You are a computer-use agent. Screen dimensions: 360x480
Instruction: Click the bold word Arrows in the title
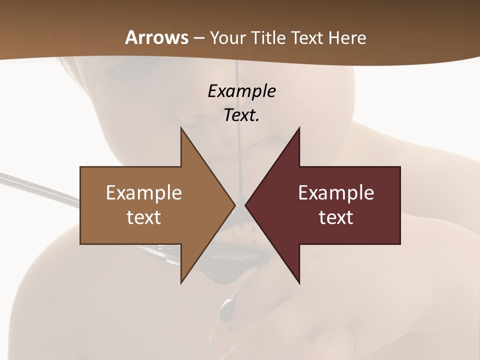click(156, 37)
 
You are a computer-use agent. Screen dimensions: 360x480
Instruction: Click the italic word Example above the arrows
click(241, 91)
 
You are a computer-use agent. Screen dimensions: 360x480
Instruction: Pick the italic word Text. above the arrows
click(241, 115)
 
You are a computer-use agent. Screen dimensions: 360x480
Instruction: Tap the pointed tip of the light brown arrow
click(234, 205)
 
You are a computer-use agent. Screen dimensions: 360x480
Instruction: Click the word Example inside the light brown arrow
click(144, 193)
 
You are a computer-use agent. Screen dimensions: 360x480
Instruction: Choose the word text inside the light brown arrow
click(144, 217)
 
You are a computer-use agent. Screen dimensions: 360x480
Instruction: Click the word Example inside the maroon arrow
click(336, 193)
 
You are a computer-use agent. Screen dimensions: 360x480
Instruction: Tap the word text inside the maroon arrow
click(336, 217)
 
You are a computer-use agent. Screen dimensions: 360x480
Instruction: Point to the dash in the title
click(198, 38)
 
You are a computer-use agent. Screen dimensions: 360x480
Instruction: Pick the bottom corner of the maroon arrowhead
click(299, 283)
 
